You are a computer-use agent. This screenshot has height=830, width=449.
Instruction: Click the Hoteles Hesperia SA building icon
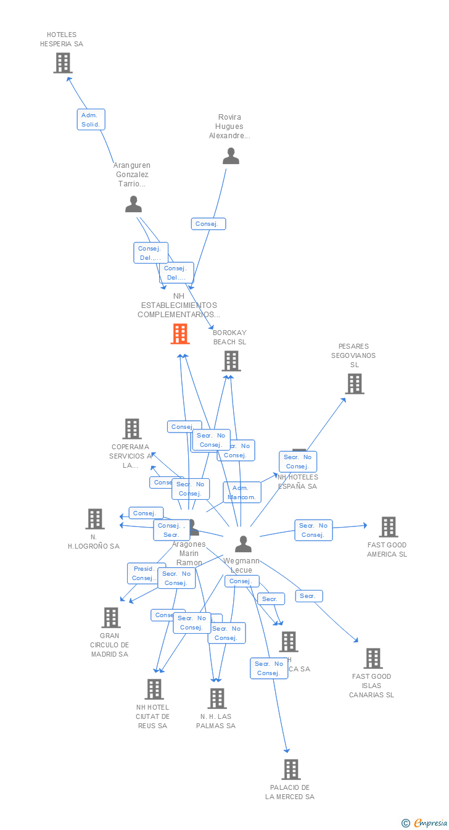[x=63, y=63]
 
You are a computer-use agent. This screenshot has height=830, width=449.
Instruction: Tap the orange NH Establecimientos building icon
[x=179, y=334]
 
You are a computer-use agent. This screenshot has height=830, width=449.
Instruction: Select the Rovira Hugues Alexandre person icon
[x=231, y=156]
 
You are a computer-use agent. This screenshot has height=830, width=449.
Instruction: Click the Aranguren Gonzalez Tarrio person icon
[x=133, y=204]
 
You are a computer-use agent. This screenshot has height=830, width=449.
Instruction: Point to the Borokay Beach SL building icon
[x=231, y=361]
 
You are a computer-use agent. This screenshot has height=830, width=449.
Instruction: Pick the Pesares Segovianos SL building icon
[x=354, y=384]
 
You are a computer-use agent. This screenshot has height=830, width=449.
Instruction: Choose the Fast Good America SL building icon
[x=388, y=527]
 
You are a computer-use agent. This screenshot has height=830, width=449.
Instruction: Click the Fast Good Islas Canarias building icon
[x=373, y=658]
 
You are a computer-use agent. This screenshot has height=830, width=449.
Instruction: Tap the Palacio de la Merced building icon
[x=291, y=770]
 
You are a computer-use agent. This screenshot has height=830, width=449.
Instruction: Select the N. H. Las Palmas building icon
[x=216, y=699]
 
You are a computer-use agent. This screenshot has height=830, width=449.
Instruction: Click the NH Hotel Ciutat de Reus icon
[x=154, y=689]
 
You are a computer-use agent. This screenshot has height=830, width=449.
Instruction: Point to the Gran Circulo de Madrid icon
[x=110, y=618]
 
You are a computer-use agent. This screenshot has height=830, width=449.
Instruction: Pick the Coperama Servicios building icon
[x=131, y=429]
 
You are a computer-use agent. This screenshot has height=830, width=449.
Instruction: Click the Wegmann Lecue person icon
[x=243, y=544]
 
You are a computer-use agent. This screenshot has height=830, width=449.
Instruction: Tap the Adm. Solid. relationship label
[x=91, y=120]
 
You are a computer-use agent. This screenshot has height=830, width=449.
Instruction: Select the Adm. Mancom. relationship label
[x=242, y=492]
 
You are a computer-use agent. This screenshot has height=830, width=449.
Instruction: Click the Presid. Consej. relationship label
[x=144, y=573]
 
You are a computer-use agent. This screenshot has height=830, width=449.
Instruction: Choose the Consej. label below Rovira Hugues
[x=208, y=224]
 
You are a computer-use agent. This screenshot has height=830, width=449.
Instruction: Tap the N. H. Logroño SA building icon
[x=94, y=519]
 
